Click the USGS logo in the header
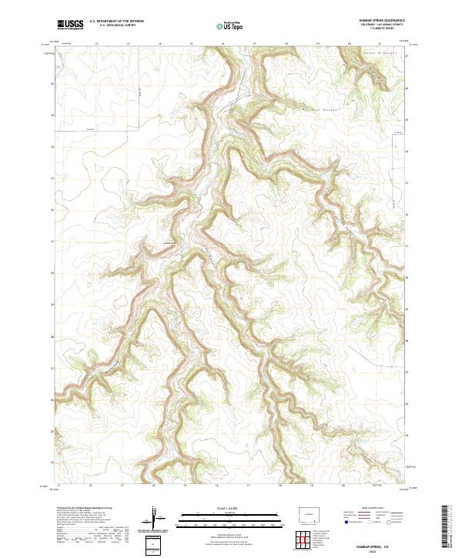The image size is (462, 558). (70, 25)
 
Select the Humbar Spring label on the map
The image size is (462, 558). (167, 244)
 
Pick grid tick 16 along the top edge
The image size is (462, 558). (223, 44)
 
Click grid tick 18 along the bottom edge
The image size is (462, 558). (281, 486)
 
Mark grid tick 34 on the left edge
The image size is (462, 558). (53, 147)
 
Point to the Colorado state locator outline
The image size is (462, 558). (313, 513)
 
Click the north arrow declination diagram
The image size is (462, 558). (156, 520)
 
